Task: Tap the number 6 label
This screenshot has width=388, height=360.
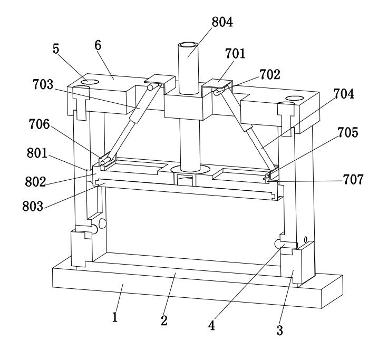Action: pyautogui.click(x=98, y=45)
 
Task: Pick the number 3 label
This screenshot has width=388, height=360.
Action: pyautogui.click(x=280, y=330)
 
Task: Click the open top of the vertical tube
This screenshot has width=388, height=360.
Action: pyautogui.click(x=188, y=47)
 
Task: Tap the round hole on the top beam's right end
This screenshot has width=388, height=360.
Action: pyautogui.click(x=294, y=99)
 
